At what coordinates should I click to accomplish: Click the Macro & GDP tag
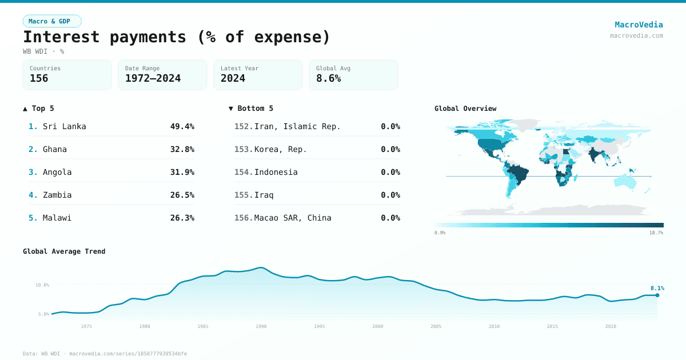click(52, 21)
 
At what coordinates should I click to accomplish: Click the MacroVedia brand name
click(639, 25)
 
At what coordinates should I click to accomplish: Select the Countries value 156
click(39, 78)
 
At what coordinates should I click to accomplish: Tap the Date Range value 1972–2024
click(153, 78)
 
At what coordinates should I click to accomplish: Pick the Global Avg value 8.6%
click(328, 78)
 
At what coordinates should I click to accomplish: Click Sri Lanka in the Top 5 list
click(64, 126)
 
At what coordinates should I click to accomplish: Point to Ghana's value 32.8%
click(182, 149)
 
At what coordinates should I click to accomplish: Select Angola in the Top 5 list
click(57, 172)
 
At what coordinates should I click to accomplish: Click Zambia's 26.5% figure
click(182, 195)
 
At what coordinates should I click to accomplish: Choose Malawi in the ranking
click(57, 218)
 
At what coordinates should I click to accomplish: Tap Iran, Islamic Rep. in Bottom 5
click(297, 126)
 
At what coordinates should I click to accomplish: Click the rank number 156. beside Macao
click(244, 218)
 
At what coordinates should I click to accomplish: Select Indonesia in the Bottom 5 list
click(276, 172)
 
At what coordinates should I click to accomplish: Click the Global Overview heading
click(465, 109)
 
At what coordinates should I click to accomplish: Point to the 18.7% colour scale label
click(656, 233)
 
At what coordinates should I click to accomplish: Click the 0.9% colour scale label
click(440, 233)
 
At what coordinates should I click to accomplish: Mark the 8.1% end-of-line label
click(657, 288)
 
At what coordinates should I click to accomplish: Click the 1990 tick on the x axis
click(261, 326)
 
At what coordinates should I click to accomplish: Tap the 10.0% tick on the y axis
click(42, 285)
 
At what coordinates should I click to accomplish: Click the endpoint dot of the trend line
click(657, 295)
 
